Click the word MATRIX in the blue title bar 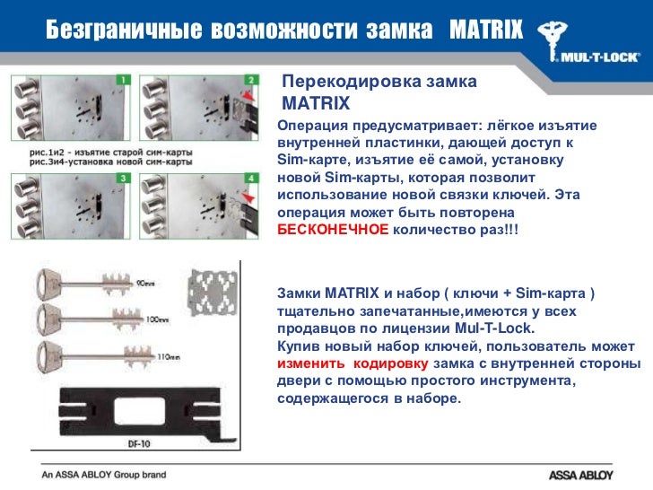(484, 30)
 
